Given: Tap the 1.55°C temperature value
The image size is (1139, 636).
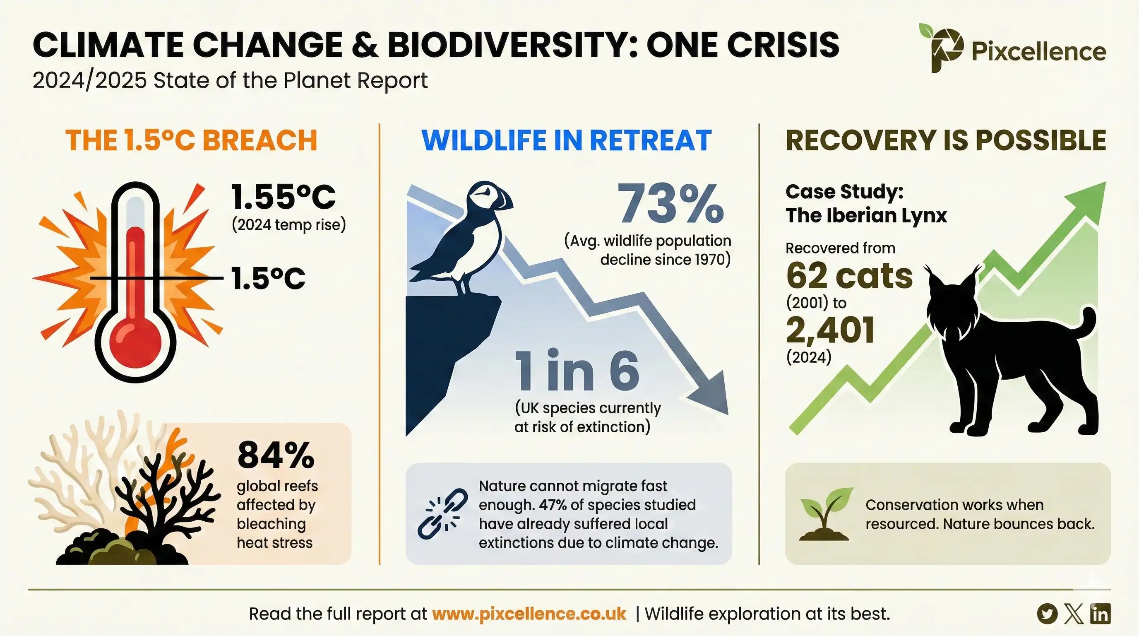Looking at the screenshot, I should pos(284,197).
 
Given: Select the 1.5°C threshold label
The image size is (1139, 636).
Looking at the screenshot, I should pos(268,279).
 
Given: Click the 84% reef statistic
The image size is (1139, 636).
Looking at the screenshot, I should pos(276,455).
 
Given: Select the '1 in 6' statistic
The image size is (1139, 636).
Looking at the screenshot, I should pos(577,371).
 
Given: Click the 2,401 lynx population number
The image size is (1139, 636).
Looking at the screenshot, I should pos(830,330).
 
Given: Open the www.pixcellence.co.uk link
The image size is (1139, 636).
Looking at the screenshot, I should pos(529,614).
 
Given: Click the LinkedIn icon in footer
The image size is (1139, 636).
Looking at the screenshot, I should pos(1100,614).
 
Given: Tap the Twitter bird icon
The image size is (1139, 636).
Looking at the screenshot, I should pos(1047,614).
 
